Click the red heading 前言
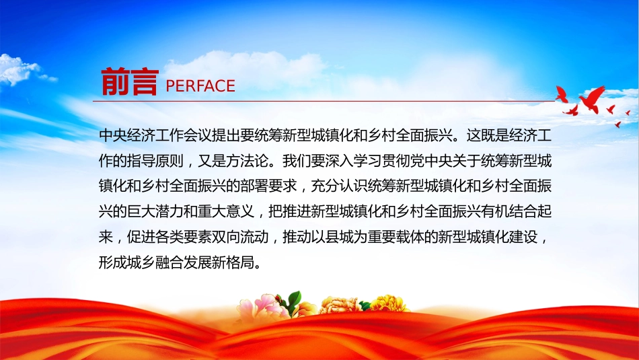coord(130,82)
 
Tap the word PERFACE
coord(200,86)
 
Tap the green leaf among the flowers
coord(294,301)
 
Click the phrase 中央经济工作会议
coord(155,135)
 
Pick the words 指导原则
coord(155,161)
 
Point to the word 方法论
coord(247,161)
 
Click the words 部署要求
coord(268,186)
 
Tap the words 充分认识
coord(338,186)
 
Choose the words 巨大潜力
coord(155,211)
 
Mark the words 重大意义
coord(226,211)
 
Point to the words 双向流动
coord(240,237)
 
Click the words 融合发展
coord(184,262)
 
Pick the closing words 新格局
coord(233,262)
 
